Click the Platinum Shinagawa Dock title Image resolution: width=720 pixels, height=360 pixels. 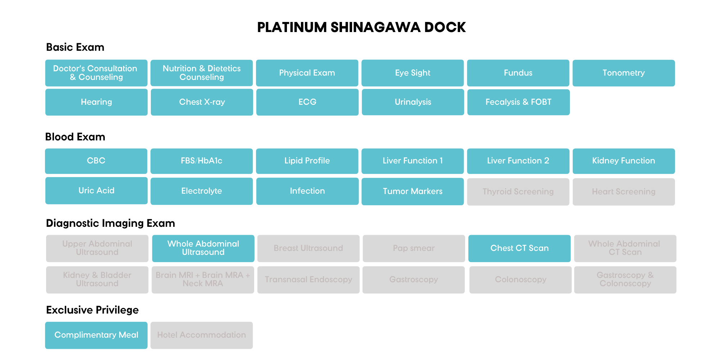pyautogui.click(x=361, y=27)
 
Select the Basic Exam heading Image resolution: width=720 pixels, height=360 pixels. pyautogui.click(x=75, y=47)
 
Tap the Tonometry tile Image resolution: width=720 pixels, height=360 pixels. pyautogui.click(x=624, y=73)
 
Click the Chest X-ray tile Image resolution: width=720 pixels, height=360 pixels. pyautogui.click(x=202, y=102)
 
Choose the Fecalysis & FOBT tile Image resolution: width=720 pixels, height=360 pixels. pyautogui.click(x=518, y=102)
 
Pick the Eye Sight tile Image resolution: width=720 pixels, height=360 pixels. pyautogui.click(x=413, y=73)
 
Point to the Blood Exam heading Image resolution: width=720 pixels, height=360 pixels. pyautogui.click(x=75, y=137)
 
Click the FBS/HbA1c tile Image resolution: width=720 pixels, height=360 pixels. pyautogui.click(x=202, y=161)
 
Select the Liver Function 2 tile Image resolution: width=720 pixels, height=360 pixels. pyautogui.click(x=518, y=161)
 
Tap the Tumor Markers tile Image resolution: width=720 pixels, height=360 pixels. pyautogui.click(x=413, y=192)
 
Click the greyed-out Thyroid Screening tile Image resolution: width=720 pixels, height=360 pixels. pyautogui.click(x=518, y=192)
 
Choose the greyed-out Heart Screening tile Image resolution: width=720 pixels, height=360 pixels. pyautogui.click(x=624, y=192)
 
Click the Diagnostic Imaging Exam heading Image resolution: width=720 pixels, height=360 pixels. pyautogui.click(x=111, y=223)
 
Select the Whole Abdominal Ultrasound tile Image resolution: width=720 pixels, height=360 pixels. pyautogui.click(x=203, y=248)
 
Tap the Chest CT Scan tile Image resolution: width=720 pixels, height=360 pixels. pyautogui.click(x=519, y=248)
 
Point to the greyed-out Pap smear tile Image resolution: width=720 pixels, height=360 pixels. pyautogui.click(x=414, y=248)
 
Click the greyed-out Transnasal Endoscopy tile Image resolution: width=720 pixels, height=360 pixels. pyautogui.click(x=309, y=280)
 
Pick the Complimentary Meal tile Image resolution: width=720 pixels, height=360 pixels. pyautogui.click(x=96, y=335)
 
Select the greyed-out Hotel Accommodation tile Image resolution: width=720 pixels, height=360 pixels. pyautogui.click(x=202, y=335)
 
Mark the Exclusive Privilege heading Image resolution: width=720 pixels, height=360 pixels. pyautogui.click(x=93, y=310)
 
